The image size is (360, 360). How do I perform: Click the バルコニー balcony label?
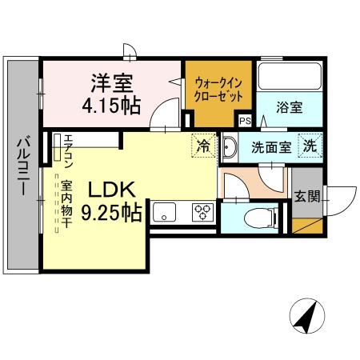[23, 169]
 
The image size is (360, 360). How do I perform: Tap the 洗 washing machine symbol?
[309, 146]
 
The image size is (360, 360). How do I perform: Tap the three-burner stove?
[202, 213]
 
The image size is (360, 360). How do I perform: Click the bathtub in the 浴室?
[289, 78]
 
